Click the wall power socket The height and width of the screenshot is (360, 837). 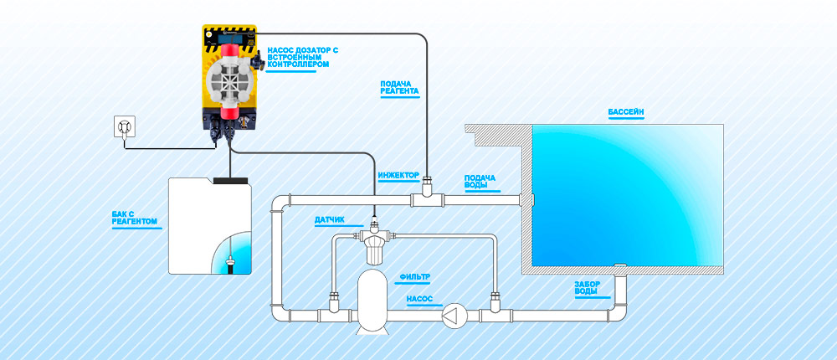click(x=125, y=127)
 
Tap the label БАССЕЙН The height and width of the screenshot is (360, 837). click(x=627, y=111)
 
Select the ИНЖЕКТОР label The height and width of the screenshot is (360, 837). click(x=398, y=175)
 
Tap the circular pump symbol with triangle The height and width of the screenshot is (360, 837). click(x=453, y=316)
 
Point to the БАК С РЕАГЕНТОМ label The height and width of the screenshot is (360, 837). click(x=135, y=219)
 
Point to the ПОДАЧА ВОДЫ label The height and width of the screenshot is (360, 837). click(x=480, y=182)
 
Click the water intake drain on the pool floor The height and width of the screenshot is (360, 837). click(x=620, y=268)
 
